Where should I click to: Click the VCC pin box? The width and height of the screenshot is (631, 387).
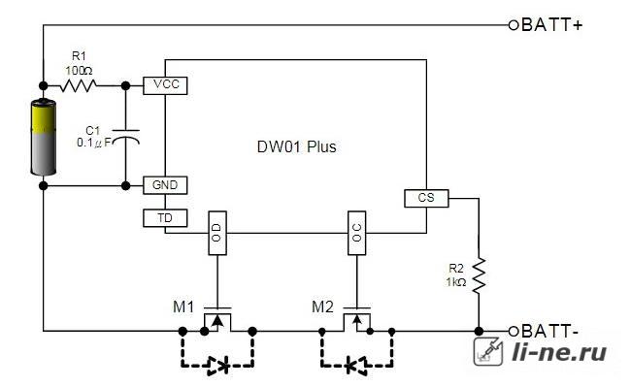coord(165,85)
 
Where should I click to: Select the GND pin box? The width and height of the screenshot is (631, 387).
coord(165,185)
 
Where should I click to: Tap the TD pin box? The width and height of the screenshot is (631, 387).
coord(165,218)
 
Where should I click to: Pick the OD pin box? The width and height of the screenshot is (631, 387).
coord(217,233)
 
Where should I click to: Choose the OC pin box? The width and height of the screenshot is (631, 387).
coord(356,233)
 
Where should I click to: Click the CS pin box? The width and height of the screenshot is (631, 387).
coord(426,198)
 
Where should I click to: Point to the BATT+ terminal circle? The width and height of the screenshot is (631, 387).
coord(514,25)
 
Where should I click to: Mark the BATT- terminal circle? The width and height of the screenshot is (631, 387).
coord(514,332)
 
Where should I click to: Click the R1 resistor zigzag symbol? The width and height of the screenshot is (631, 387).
coord(79,85)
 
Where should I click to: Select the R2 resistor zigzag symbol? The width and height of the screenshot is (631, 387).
coord(479,275)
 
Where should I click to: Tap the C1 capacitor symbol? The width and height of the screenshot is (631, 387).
coord(125,137)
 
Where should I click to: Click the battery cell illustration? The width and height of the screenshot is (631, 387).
coord(44,137)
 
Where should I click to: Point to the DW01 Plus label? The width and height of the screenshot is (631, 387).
coord(297,147)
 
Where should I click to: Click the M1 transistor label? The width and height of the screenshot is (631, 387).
coord(183,307)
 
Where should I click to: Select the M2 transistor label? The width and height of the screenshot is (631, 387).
coord(322,307)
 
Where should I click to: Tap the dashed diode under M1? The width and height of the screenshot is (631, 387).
coord(217,366)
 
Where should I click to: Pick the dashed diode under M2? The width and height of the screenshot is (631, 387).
coord(356,366)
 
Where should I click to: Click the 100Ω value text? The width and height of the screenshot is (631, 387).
coord(79,71)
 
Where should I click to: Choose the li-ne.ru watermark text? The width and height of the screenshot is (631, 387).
coord(559,352)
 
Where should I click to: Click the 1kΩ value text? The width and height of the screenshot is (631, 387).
coord(456,282)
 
